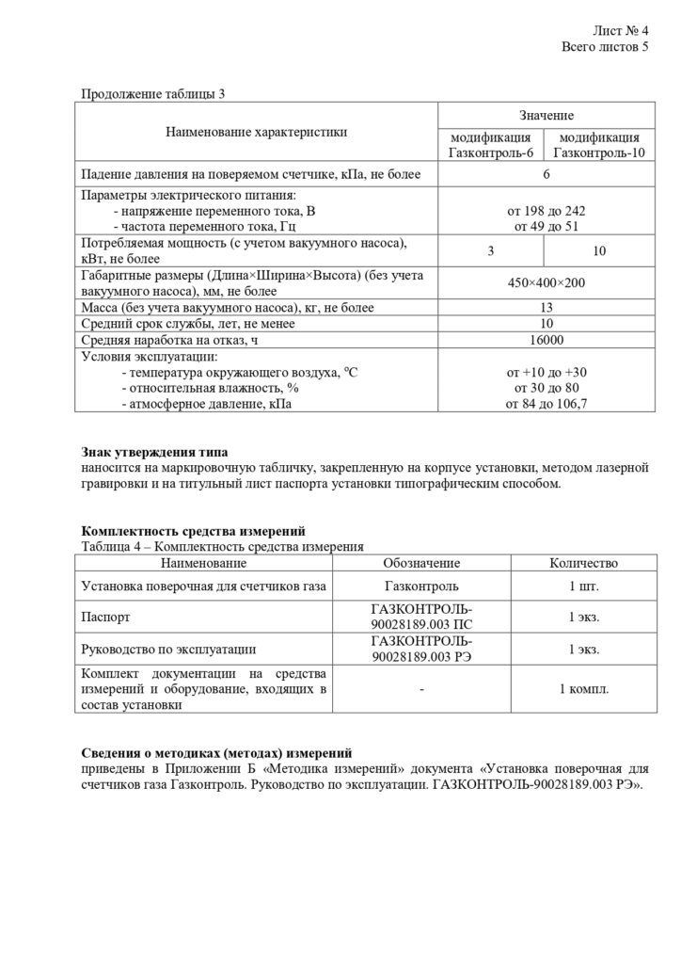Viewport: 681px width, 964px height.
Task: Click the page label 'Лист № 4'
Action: [x=621, y=30]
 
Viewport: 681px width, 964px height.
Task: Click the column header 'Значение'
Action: [x=546, y=115]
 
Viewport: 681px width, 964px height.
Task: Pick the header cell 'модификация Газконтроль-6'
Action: [x=491, y=145]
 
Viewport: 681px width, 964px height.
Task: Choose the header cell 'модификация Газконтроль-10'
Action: [x=599, y=145]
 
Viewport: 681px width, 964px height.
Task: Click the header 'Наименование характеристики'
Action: [x=257, y=132]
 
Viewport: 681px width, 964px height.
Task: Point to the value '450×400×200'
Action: [x=546, y=282]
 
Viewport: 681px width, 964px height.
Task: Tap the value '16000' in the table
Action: [x=546, y=340]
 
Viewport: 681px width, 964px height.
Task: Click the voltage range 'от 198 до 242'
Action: [x=546, y=211]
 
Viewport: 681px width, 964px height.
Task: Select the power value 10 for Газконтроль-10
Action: [x=599, y=250]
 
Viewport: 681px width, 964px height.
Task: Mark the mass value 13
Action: [x=546, y=308]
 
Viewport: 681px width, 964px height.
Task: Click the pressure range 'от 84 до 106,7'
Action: [x=546, y=404]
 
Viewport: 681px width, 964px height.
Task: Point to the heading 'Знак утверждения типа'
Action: [x=155, y=453]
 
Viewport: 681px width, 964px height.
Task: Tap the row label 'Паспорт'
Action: [x=106, y=619]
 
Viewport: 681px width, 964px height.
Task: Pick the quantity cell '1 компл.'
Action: [x=583, y=689]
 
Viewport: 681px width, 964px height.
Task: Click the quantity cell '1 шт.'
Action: [x=583, y=586]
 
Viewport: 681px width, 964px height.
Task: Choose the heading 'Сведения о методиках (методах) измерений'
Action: [x=217, y=752]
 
